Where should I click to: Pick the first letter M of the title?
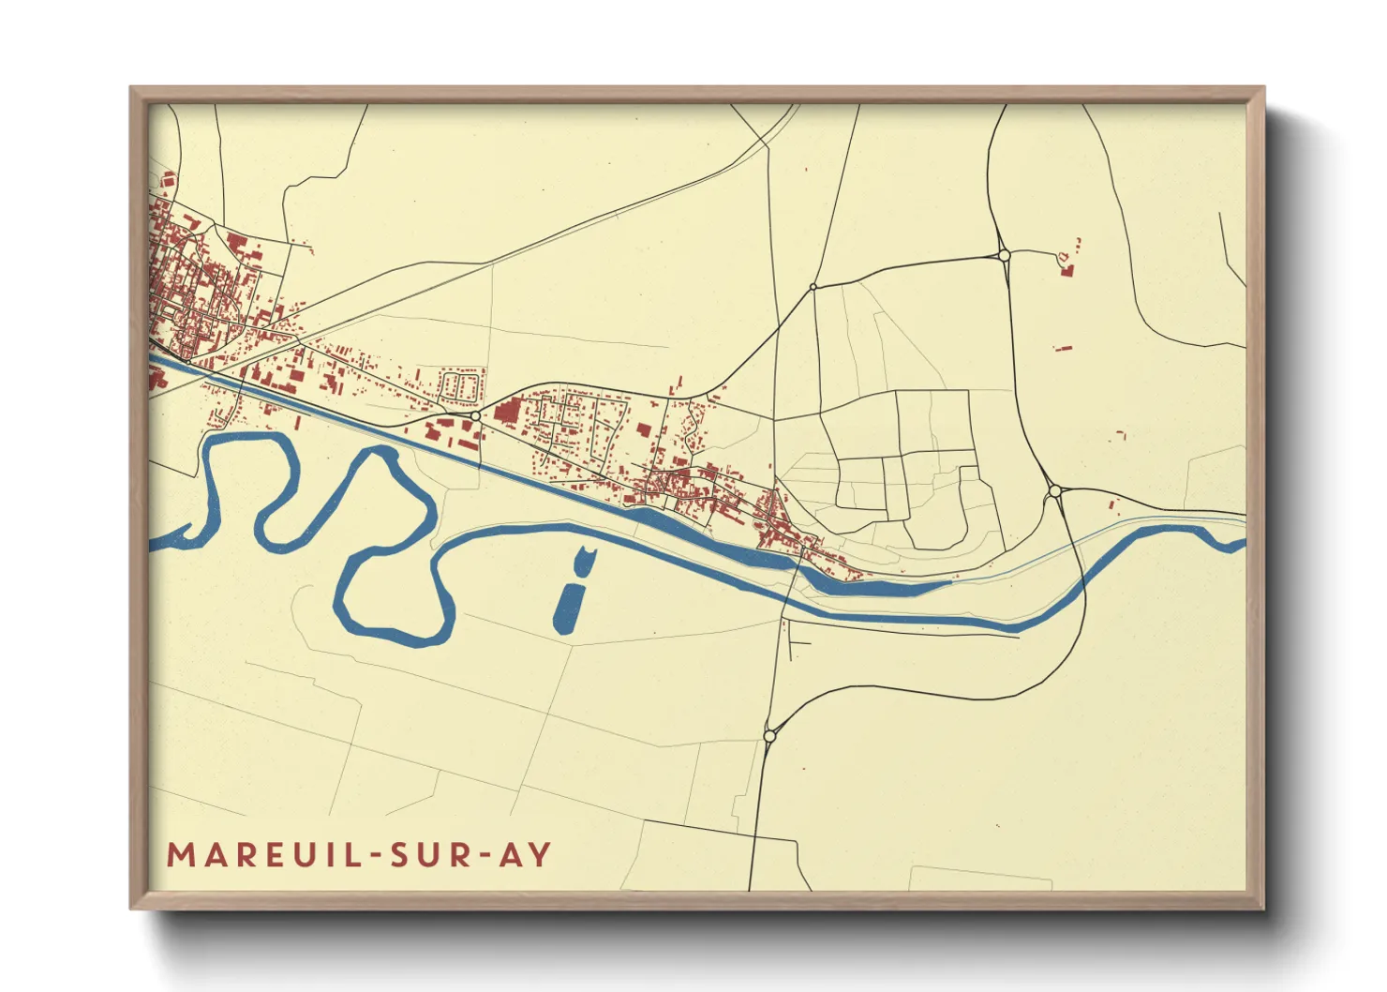[179, 855]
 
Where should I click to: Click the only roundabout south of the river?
[769, 737]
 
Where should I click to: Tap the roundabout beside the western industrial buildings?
[475, 415]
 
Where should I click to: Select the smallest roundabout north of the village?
[813, 287]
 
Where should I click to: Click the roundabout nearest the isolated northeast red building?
[1004, 255]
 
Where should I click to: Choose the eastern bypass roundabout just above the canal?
[1054, 490]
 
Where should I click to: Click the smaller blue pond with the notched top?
[583, 560]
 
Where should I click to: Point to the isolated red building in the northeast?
[1066, 270]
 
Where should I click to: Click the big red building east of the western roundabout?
[507, 412]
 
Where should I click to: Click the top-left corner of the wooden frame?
[131, 88]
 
